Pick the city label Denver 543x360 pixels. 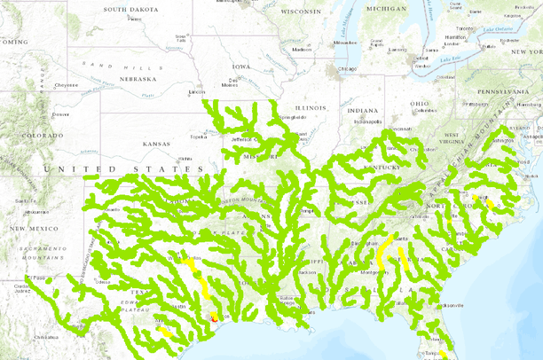pyautogui.click(x=60, y=113)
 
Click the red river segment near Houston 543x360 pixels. pyautogui.click(x=213, y=316)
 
